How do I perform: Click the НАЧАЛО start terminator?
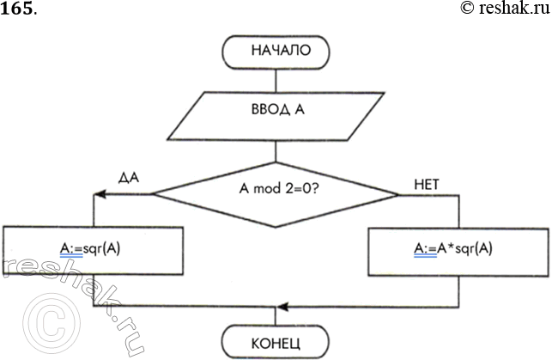tap(276, 52)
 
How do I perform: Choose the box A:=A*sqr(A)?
tap(459, 250)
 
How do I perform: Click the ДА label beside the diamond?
tap(130, 178)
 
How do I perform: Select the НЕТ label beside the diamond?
tap(428, 183)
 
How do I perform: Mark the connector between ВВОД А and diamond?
tap(276, 149)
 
